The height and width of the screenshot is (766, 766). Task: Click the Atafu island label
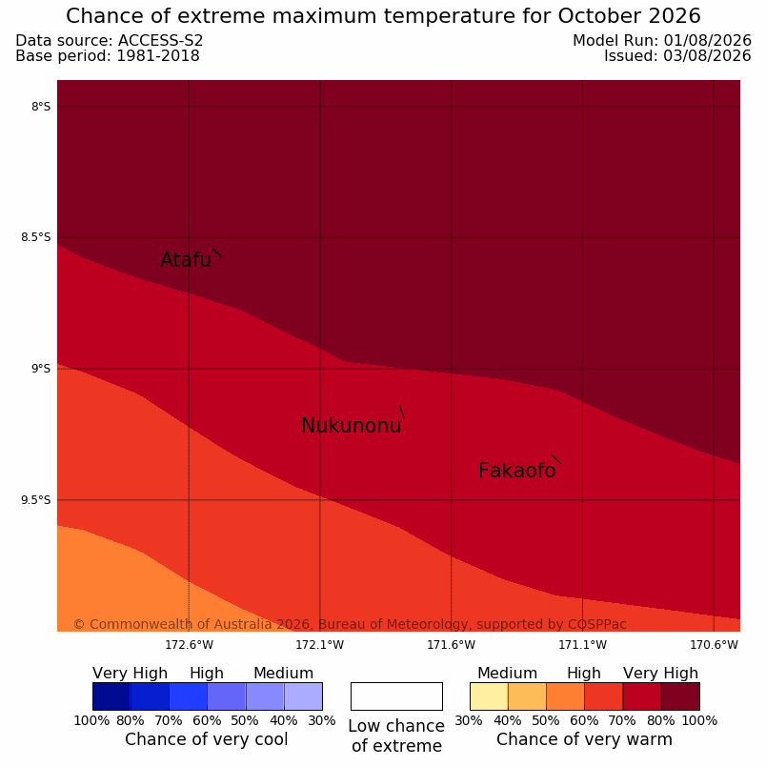186,260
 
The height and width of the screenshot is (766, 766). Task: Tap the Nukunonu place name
352,426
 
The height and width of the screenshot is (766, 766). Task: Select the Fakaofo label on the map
516,471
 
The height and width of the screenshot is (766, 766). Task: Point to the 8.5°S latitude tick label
35,237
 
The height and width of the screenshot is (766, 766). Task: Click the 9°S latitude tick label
41,369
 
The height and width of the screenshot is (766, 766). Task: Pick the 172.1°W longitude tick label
320,645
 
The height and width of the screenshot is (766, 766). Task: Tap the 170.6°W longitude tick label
714,645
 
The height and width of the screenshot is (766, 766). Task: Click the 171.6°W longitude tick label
451,645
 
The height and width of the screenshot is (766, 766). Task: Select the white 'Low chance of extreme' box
396,696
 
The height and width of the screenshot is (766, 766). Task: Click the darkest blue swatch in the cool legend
111,696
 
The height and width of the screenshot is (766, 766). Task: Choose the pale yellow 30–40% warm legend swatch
489,696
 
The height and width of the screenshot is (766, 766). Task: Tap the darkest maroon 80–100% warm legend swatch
680,696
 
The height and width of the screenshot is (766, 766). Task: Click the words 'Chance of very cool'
207,739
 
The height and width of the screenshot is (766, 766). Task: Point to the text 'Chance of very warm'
584,739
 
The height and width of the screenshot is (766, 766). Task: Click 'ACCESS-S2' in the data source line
161,41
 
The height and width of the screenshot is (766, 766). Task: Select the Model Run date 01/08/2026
707,41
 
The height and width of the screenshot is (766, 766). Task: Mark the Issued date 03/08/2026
707,56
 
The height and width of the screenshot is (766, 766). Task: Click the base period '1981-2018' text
158,56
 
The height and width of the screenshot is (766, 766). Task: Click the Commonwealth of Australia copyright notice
350,624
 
